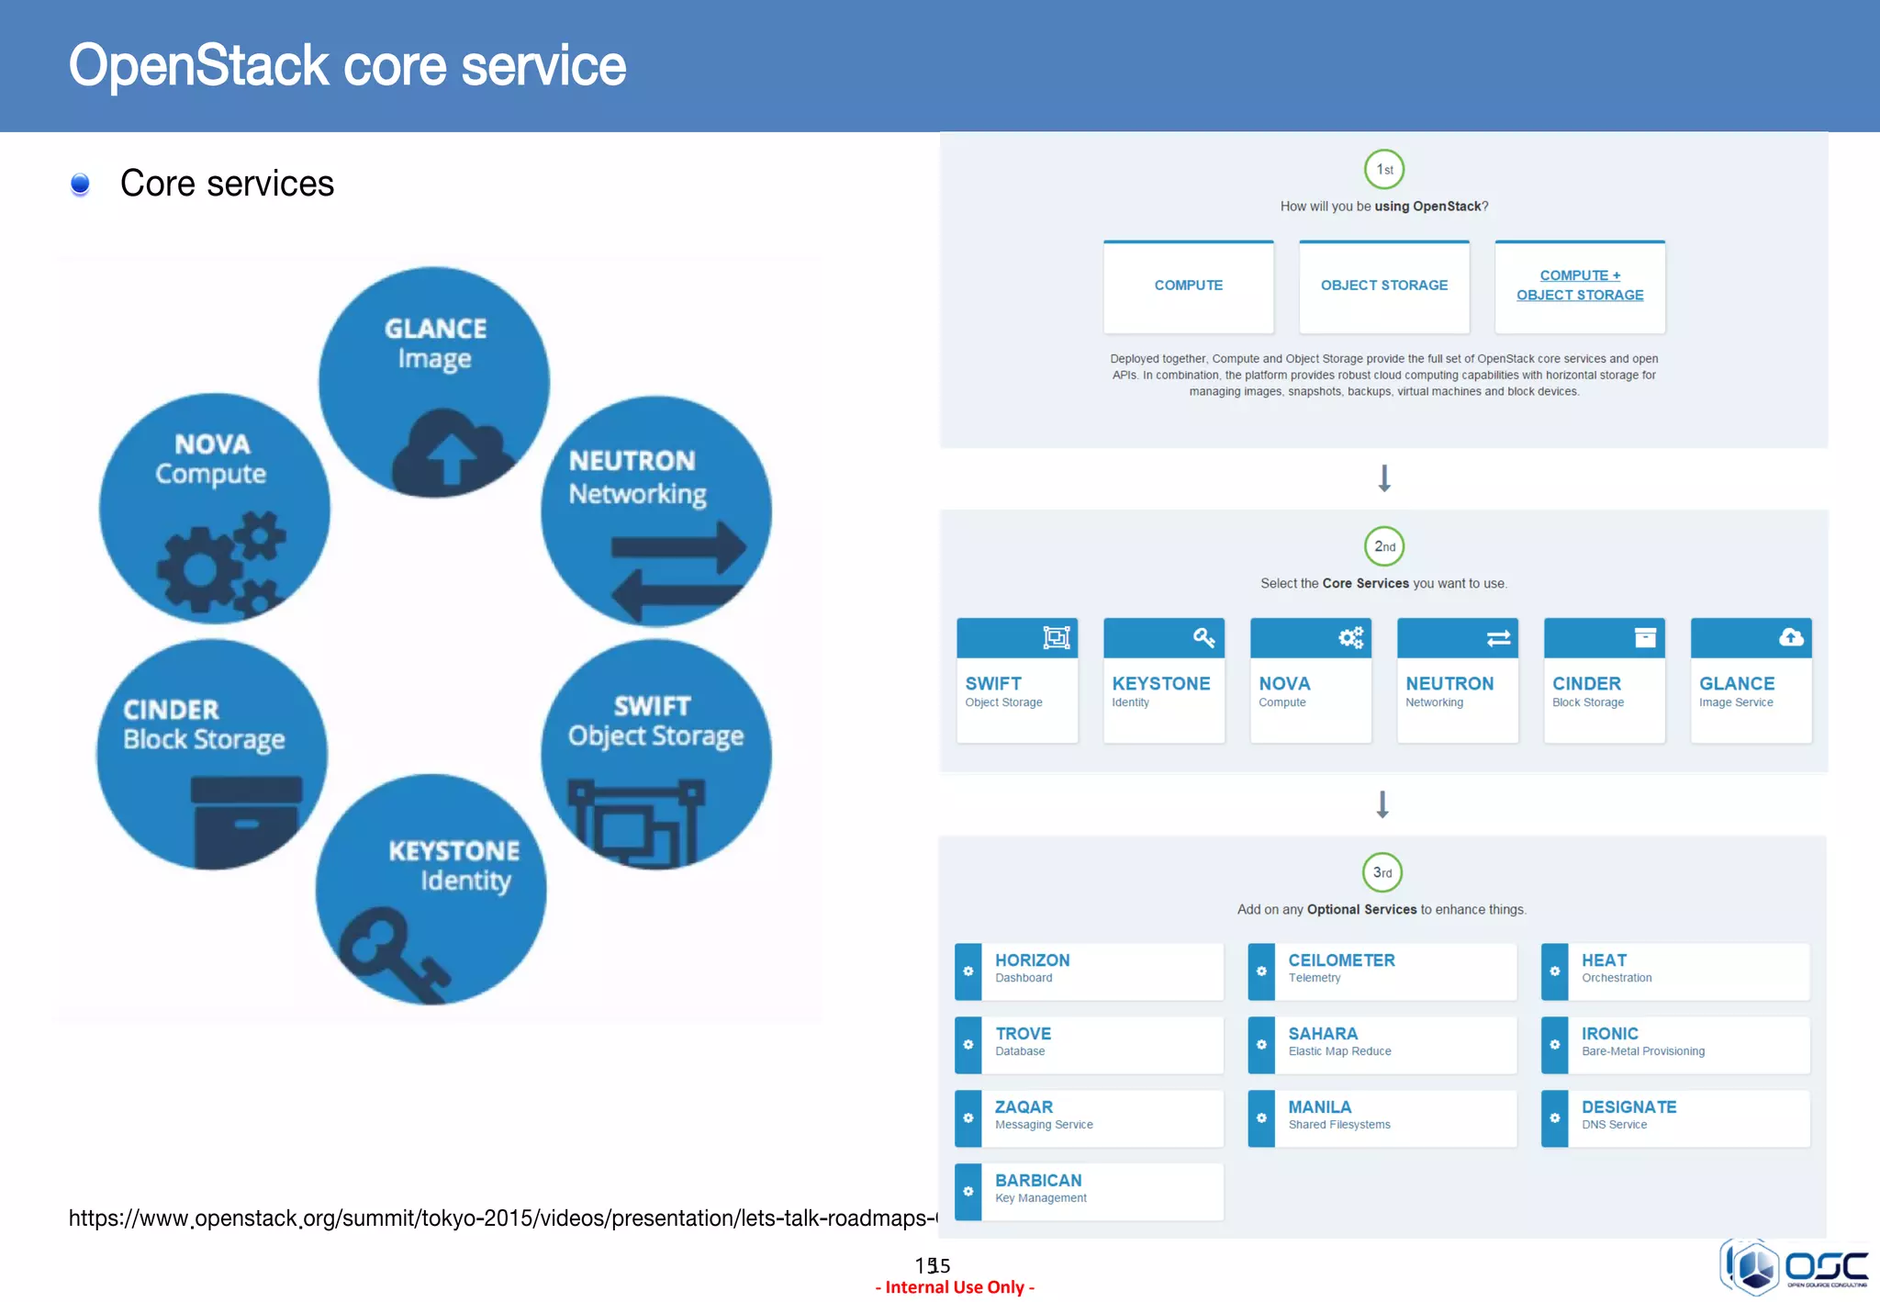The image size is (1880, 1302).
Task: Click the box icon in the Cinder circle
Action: click(246, 820)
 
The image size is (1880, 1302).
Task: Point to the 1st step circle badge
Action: click(1384, 170)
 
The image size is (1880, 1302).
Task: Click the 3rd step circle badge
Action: click(1382, 872)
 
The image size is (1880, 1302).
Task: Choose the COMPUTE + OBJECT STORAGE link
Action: click(1580, 286)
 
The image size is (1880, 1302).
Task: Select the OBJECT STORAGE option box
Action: click(1384, 286)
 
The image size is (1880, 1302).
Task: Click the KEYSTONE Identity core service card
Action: click(1164, 680)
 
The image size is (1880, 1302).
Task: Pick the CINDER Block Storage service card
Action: click(1605, 680)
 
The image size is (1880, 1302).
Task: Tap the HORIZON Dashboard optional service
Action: click(1090, 971)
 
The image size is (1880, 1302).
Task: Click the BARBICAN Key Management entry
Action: click(1090, 1192)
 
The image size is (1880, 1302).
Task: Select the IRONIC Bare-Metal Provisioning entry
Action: click(1676, 1045)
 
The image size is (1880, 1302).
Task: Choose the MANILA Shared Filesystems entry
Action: click(1382, 1118)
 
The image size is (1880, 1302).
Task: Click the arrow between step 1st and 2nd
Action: click(1384, 478)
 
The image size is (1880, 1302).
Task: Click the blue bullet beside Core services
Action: click(81, 185)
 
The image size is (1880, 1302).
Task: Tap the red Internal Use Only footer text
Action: click(955, 1287)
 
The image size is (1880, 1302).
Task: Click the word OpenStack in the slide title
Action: click(198, 66)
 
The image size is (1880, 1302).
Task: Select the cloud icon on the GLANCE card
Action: click(1791, 637)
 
